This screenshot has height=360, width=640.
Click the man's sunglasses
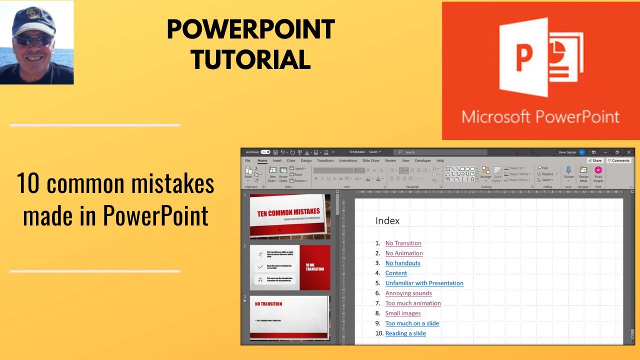[33, 39]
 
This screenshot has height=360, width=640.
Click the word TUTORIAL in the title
[250, 60]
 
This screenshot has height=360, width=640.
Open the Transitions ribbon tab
[325, 160]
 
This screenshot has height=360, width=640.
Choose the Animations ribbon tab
[348, 160]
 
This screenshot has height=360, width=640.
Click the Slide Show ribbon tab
[370, 160]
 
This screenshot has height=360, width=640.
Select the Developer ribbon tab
[422, 160]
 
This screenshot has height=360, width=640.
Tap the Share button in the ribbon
[595, 160]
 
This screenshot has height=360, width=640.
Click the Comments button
[619, 160]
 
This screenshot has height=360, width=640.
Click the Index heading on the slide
[387, 220]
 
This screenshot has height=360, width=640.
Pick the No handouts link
[402, 263]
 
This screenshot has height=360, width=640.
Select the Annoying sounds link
[408, 293]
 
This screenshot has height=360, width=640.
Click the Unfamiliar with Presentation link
[424, 283]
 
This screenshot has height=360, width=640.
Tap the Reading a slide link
[405, 333]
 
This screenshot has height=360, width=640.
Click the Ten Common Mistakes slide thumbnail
[290, 216]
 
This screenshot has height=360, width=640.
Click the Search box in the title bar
[440, 152]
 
